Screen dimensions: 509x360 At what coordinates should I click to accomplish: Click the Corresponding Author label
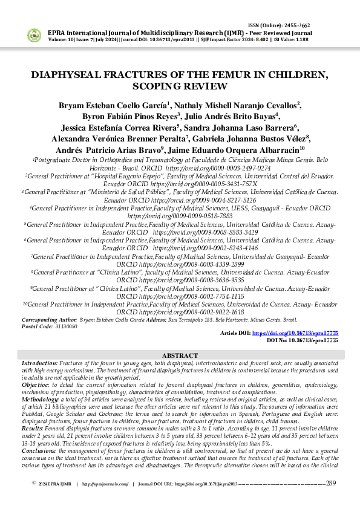tap(49, 319)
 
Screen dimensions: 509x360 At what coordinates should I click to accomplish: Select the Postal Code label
tap(37, 325)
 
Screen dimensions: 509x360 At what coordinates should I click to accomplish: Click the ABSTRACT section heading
tap(180, 355)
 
